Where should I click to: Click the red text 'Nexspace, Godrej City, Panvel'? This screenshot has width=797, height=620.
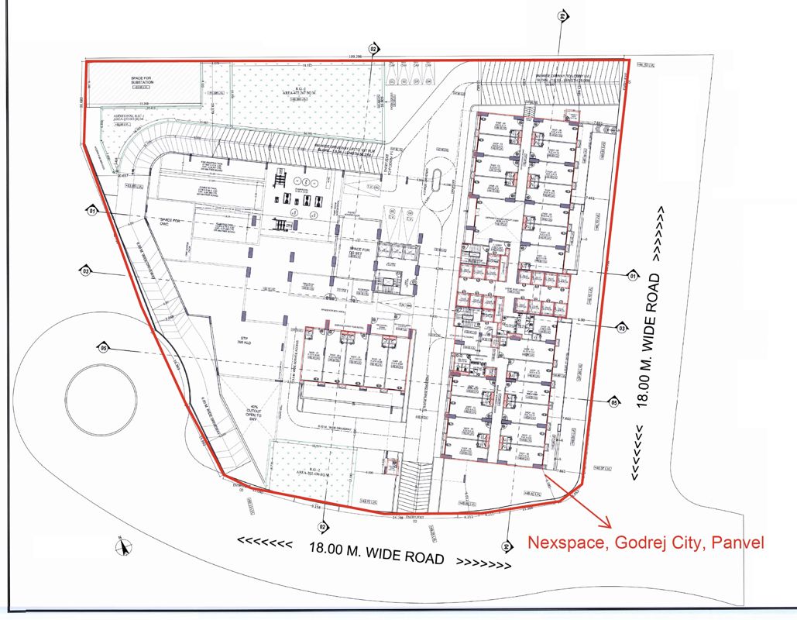pyautogui.click(x=646, y=542)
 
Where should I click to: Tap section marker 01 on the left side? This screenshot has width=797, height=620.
pyautogui.click(x=92, y=210)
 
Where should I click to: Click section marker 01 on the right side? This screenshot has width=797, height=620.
pyautogui.click(x=631, y=275)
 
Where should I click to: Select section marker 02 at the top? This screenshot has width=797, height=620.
pyautogui.click(x=373, y=48)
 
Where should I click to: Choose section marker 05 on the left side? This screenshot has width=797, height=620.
pyautogui.click(x=103, y=346)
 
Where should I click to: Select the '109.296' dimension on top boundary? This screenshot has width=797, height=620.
pyautogui.click(x=356, y=57)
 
